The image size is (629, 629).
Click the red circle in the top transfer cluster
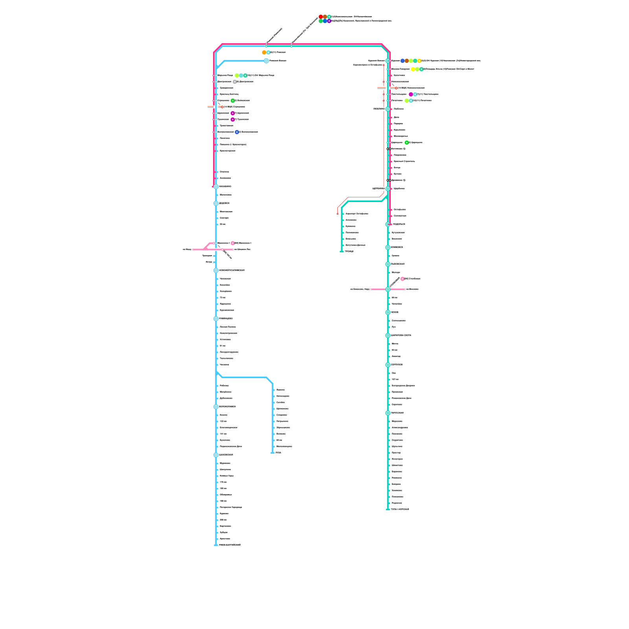[x=321, y=17]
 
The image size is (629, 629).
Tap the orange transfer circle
[x=264, y=52]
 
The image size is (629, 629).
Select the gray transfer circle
[x=235, y=82]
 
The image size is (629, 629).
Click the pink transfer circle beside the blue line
[x=233, y=243]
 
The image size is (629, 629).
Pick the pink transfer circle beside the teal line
[x=403, y=279]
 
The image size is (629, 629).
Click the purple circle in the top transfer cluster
[x=329, y=21]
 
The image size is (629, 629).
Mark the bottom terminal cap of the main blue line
[x=216, y=545]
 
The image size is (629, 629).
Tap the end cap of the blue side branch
[x=272, y=453]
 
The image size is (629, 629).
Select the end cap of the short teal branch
[x=342, y=252]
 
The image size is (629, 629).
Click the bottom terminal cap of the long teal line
[x=388, y=509]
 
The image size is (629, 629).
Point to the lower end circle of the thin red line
[x=337, y=214]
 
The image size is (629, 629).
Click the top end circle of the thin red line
[x=384, y=65]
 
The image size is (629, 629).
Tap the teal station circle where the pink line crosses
[x=388, y=289]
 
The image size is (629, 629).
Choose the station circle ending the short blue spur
[x=266, y=61]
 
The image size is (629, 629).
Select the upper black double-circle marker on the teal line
[x=389, y=149]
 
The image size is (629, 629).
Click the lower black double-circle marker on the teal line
[x=389, y=180]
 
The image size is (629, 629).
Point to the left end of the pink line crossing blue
[x=193, y=249]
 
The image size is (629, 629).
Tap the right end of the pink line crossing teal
[x=405, y=289]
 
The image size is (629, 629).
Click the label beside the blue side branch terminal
[x=278, y=453]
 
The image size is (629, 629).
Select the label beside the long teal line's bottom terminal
[x=400, y=509]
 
